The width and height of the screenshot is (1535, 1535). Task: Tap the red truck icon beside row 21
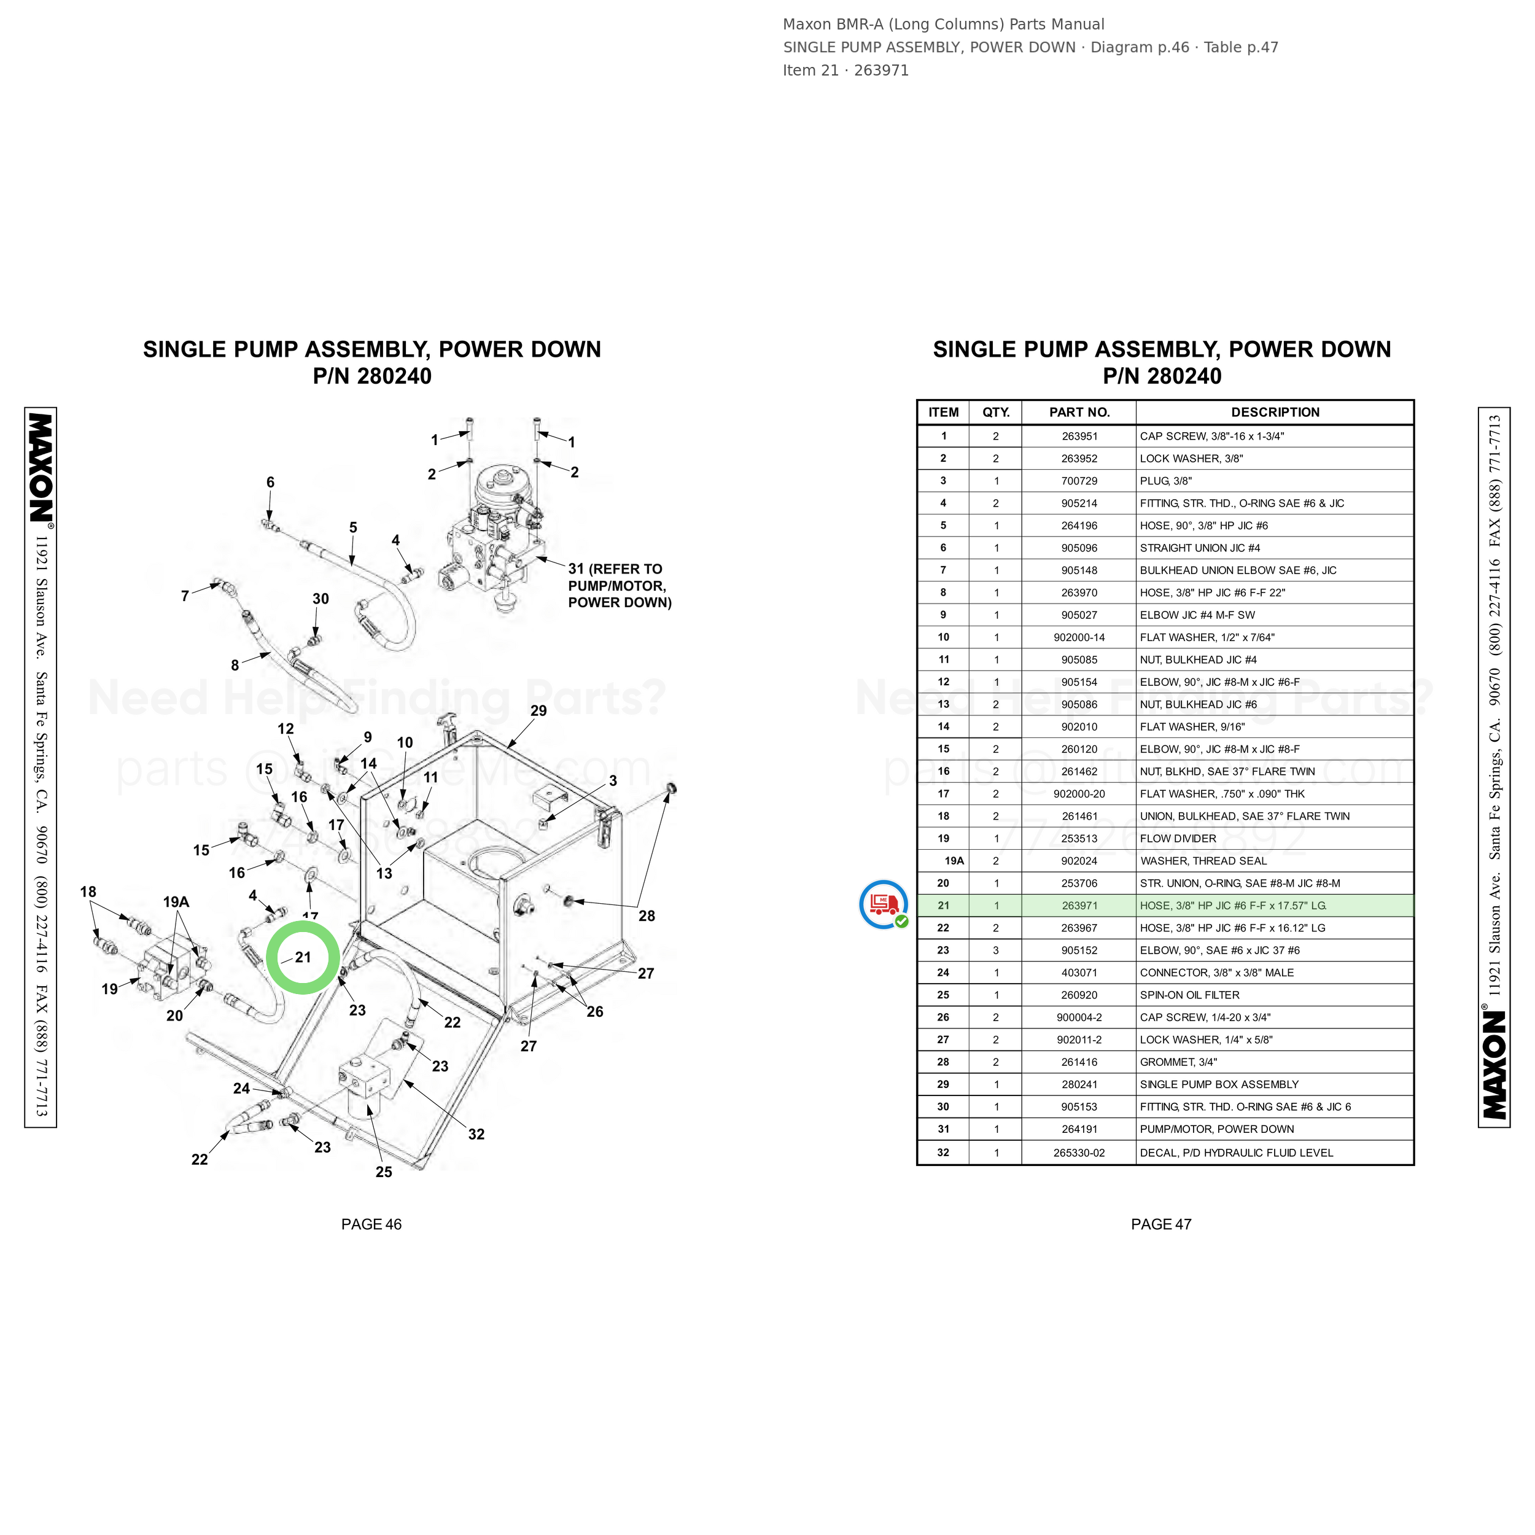pyautogui.click(x=884, y=904)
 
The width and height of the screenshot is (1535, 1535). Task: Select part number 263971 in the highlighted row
pyautogui.click(x=1079, y=906)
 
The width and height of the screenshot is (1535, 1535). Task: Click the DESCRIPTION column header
pyautogui.click(x=1275, y=413)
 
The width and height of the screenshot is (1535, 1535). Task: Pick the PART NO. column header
pyautogui.click(x=1079, y=413)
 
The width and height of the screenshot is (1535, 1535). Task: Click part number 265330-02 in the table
pyautogui.click(x=1079, y=1153)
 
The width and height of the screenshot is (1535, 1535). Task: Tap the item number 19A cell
pyautogui.click(x=954, y=860)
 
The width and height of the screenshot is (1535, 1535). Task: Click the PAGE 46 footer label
pyautogui.click(x=371, y=1224)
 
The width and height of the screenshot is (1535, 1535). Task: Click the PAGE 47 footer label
pyautogui.click(x=1161, y=1224)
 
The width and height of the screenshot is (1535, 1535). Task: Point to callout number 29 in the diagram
pyautogui.click(x=538, y=710)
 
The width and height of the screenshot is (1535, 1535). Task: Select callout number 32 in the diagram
pyautogui.click(x=476, y=1134)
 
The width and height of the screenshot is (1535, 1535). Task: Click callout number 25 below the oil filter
pyautogui.click(x=384, y=1172)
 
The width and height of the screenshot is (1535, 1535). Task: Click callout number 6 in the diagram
pyautogui.click(x=270, y=482)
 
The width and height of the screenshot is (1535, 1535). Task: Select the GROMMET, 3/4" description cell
pyautogui.click(x=1178, y=1062)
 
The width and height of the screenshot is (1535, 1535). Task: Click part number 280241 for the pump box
pyautogui.click(x=1079, y=1084)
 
